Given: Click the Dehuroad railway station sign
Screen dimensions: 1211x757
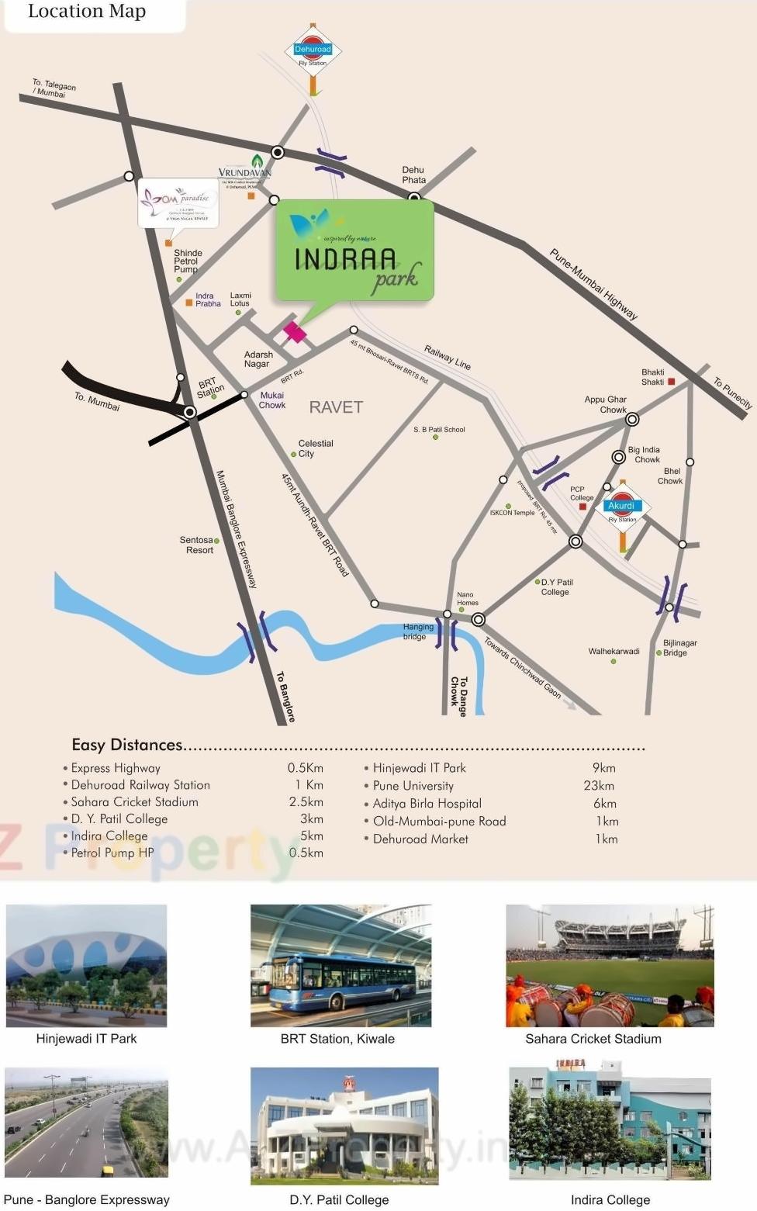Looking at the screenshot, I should pyautogui.click(x=313, y=51).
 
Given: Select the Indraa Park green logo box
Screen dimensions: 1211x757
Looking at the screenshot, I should pyautogui.click(x=354, y=251).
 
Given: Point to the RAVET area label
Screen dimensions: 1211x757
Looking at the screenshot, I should pyautogui.click(x=336, y=407).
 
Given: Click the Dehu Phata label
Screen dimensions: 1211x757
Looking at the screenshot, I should pyautogui.click(x=413, y=175).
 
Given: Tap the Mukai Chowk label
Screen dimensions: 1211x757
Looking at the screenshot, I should pyautogui.click(x=272, y=400).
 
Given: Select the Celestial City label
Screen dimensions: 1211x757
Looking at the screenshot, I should pyautogui.click(x=315, y=448).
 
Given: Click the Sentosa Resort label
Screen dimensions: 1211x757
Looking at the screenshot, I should pyautogui.click(x=197, y=545).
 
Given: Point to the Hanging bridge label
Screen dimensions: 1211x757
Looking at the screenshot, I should pyautogui.click(x=417, y=631).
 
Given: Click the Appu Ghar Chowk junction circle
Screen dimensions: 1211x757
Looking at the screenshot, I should pyautogui.click(x=632, y=420).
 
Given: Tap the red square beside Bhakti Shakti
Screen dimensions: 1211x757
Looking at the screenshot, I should pyautogui.click(x=672, y=382).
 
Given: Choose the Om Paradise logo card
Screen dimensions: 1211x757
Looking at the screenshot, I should pyautogui.click(x=178, y=204).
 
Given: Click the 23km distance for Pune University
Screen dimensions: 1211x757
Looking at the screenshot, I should pyautogui.click(x=599, y=785).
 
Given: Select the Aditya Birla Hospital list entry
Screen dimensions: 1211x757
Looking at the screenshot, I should pyautogui.click(x=427, y=804).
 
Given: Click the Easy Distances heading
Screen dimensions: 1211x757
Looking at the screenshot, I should pyautogui.click(x=127, y=745).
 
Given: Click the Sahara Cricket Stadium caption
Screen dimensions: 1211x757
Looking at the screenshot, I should pyautogui.click(x=593, y=1039).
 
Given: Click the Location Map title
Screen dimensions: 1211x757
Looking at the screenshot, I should pyautogui.click(x=87, y=12).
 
